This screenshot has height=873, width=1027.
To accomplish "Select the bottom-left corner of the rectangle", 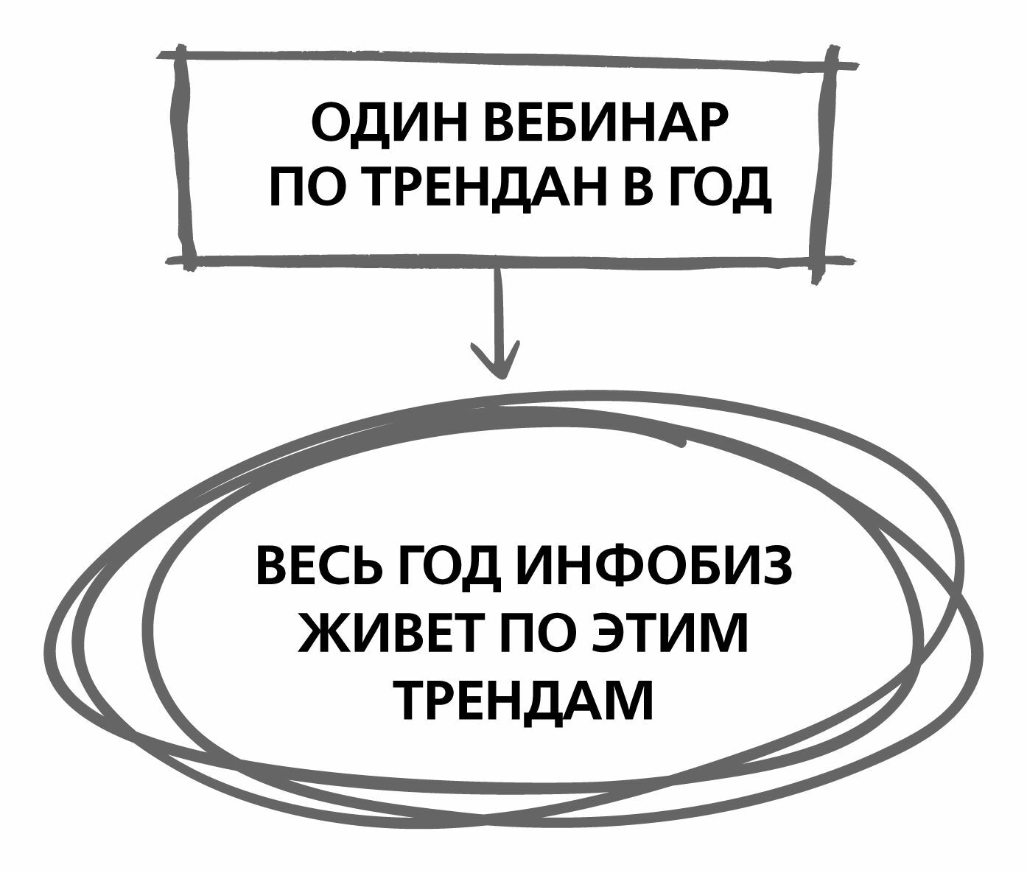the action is point(185,259).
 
